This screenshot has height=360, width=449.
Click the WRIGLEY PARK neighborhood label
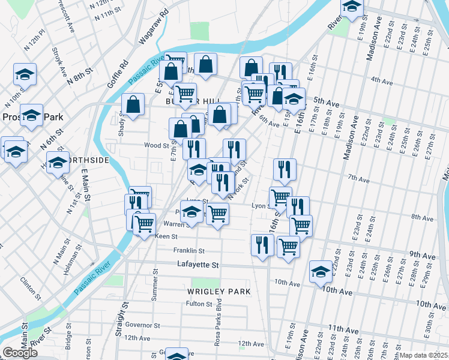(218, 292)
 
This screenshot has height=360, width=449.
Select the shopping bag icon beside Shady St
(133, 105)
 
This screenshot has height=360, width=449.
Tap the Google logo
(20, 353)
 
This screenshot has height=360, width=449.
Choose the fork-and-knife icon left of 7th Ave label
(285, 170)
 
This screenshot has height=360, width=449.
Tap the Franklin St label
(189, 250)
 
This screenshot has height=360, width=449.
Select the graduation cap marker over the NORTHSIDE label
(58, 163)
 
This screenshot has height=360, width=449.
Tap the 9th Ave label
(423, 256)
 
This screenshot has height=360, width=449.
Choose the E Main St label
(85, 185)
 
